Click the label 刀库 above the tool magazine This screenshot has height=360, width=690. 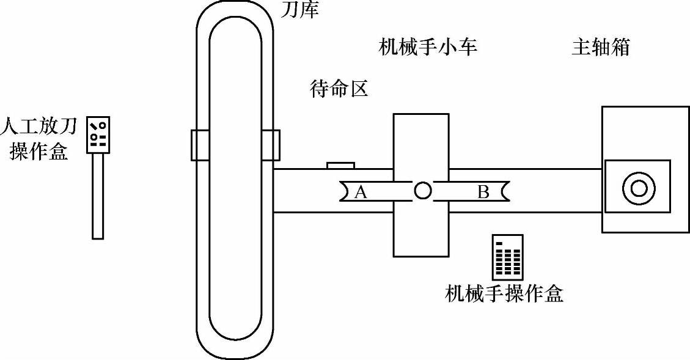tap(300, 9)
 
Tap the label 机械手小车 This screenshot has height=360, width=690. tap(428, 47)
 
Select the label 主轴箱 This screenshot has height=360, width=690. tap(600, 48)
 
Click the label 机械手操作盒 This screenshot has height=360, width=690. tap(504, 294)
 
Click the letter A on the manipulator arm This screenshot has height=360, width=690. tap(361, 192)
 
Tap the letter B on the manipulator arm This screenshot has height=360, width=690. tap(483, 192)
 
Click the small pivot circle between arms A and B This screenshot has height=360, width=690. tap(422, 191)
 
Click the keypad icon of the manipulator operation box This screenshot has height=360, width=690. tap(508, 256)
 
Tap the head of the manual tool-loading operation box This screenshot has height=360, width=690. tap(98, 134)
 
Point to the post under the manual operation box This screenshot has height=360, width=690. tap(98, 196)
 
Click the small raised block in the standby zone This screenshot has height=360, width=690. tap(340, 165)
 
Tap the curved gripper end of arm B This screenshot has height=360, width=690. tap(504, 191)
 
